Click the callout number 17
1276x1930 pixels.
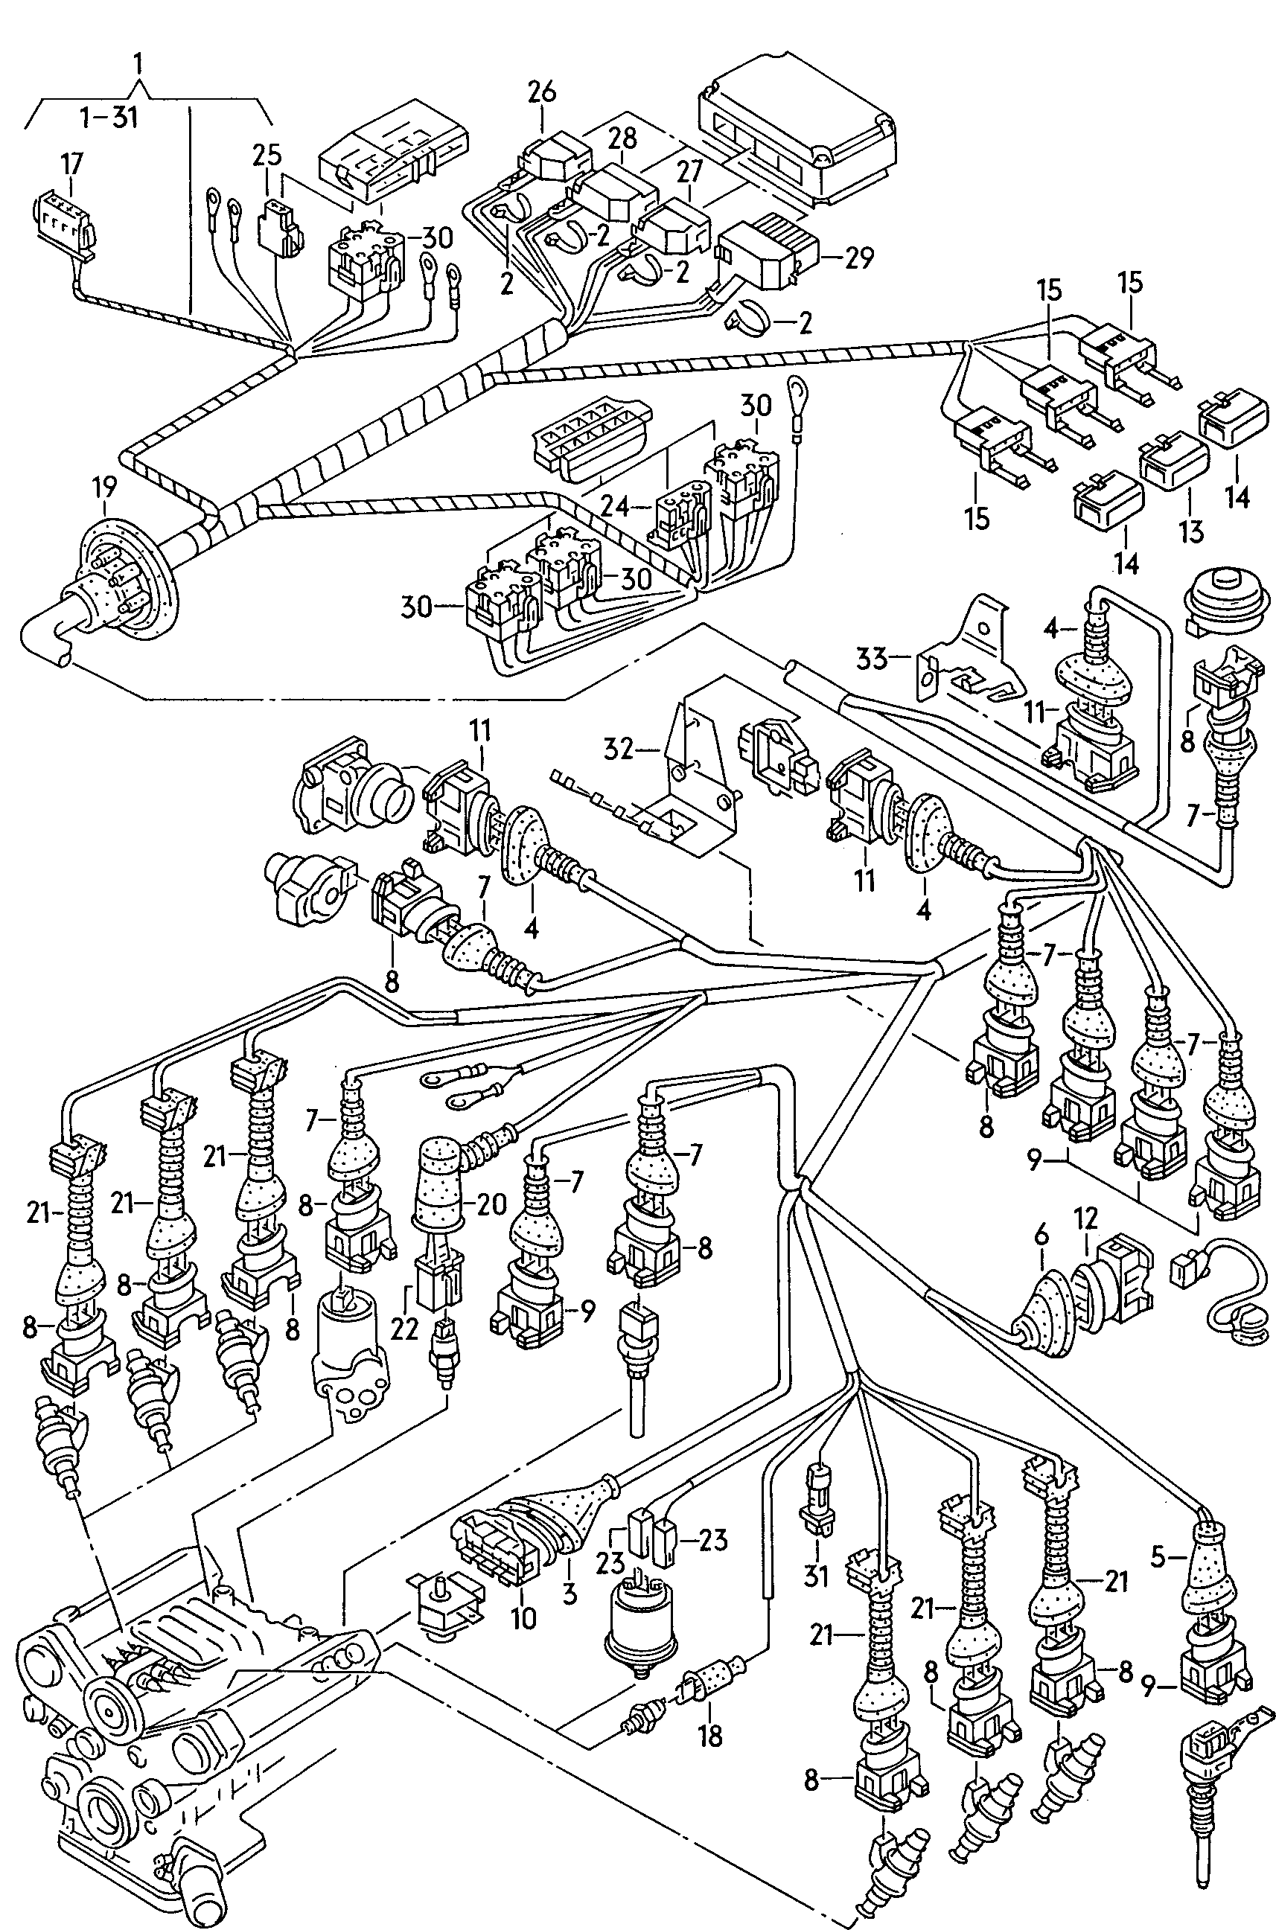(x=71, y=164)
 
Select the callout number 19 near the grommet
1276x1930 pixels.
(x=104, y=488)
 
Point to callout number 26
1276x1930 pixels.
(x=541, y=92)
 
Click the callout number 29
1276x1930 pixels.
(x=858, y=258)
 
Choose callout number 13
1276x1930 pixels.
(x=1190, y=531)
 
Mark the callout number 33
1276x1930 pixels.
(x=872, y=657)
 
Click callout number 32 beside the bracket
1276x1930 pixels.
(x=619, y=748)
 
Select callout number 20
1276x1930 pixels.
(x=491, y=1204)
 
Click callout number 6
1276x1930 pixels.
(x=1041, y=1236)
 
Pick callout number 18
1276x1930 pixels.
(x=710, y=1736)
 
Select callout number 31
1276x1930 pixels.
(x=815, y=1576)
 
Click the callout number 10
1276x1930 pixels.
(x=524, y=1618)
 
